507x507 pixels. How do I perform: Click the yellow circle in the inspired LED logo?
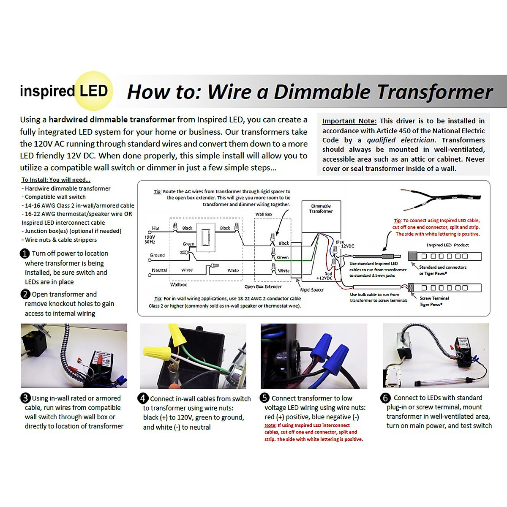click(94, 91)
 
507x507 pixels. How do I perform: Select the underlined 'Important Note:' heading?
click(349, 121)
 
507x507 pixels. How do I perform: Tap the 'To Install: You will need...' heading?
click(56, 180)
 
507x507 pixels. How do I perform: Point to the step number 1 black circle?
click(25, 253)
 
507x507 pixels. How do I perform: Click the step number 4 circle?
click(143, 398)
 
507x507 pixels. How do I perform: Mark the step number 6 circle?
click(385, 398)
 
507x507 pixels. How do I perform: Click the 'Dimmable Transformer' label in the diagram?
click(321, 209)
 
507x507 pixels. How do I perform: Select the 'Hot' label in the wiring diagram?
click(155, 228)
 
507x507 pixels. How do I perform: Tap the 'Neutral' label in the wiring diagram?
click(159, 270)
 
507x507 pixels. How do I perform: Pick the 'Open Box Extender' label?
click(263, 286)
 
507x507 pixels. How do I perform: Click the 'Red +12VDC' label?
click(325, 276)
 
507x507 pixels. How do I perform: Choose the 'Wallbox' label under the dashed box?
click(178, 285)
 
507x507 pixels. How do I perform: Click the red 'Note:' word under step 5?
click(270, 425)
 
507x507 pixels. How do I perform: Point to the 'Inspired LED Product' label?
click(447, 245)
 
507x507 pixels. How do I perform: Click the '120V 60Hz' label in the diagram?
click(150, 240)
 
